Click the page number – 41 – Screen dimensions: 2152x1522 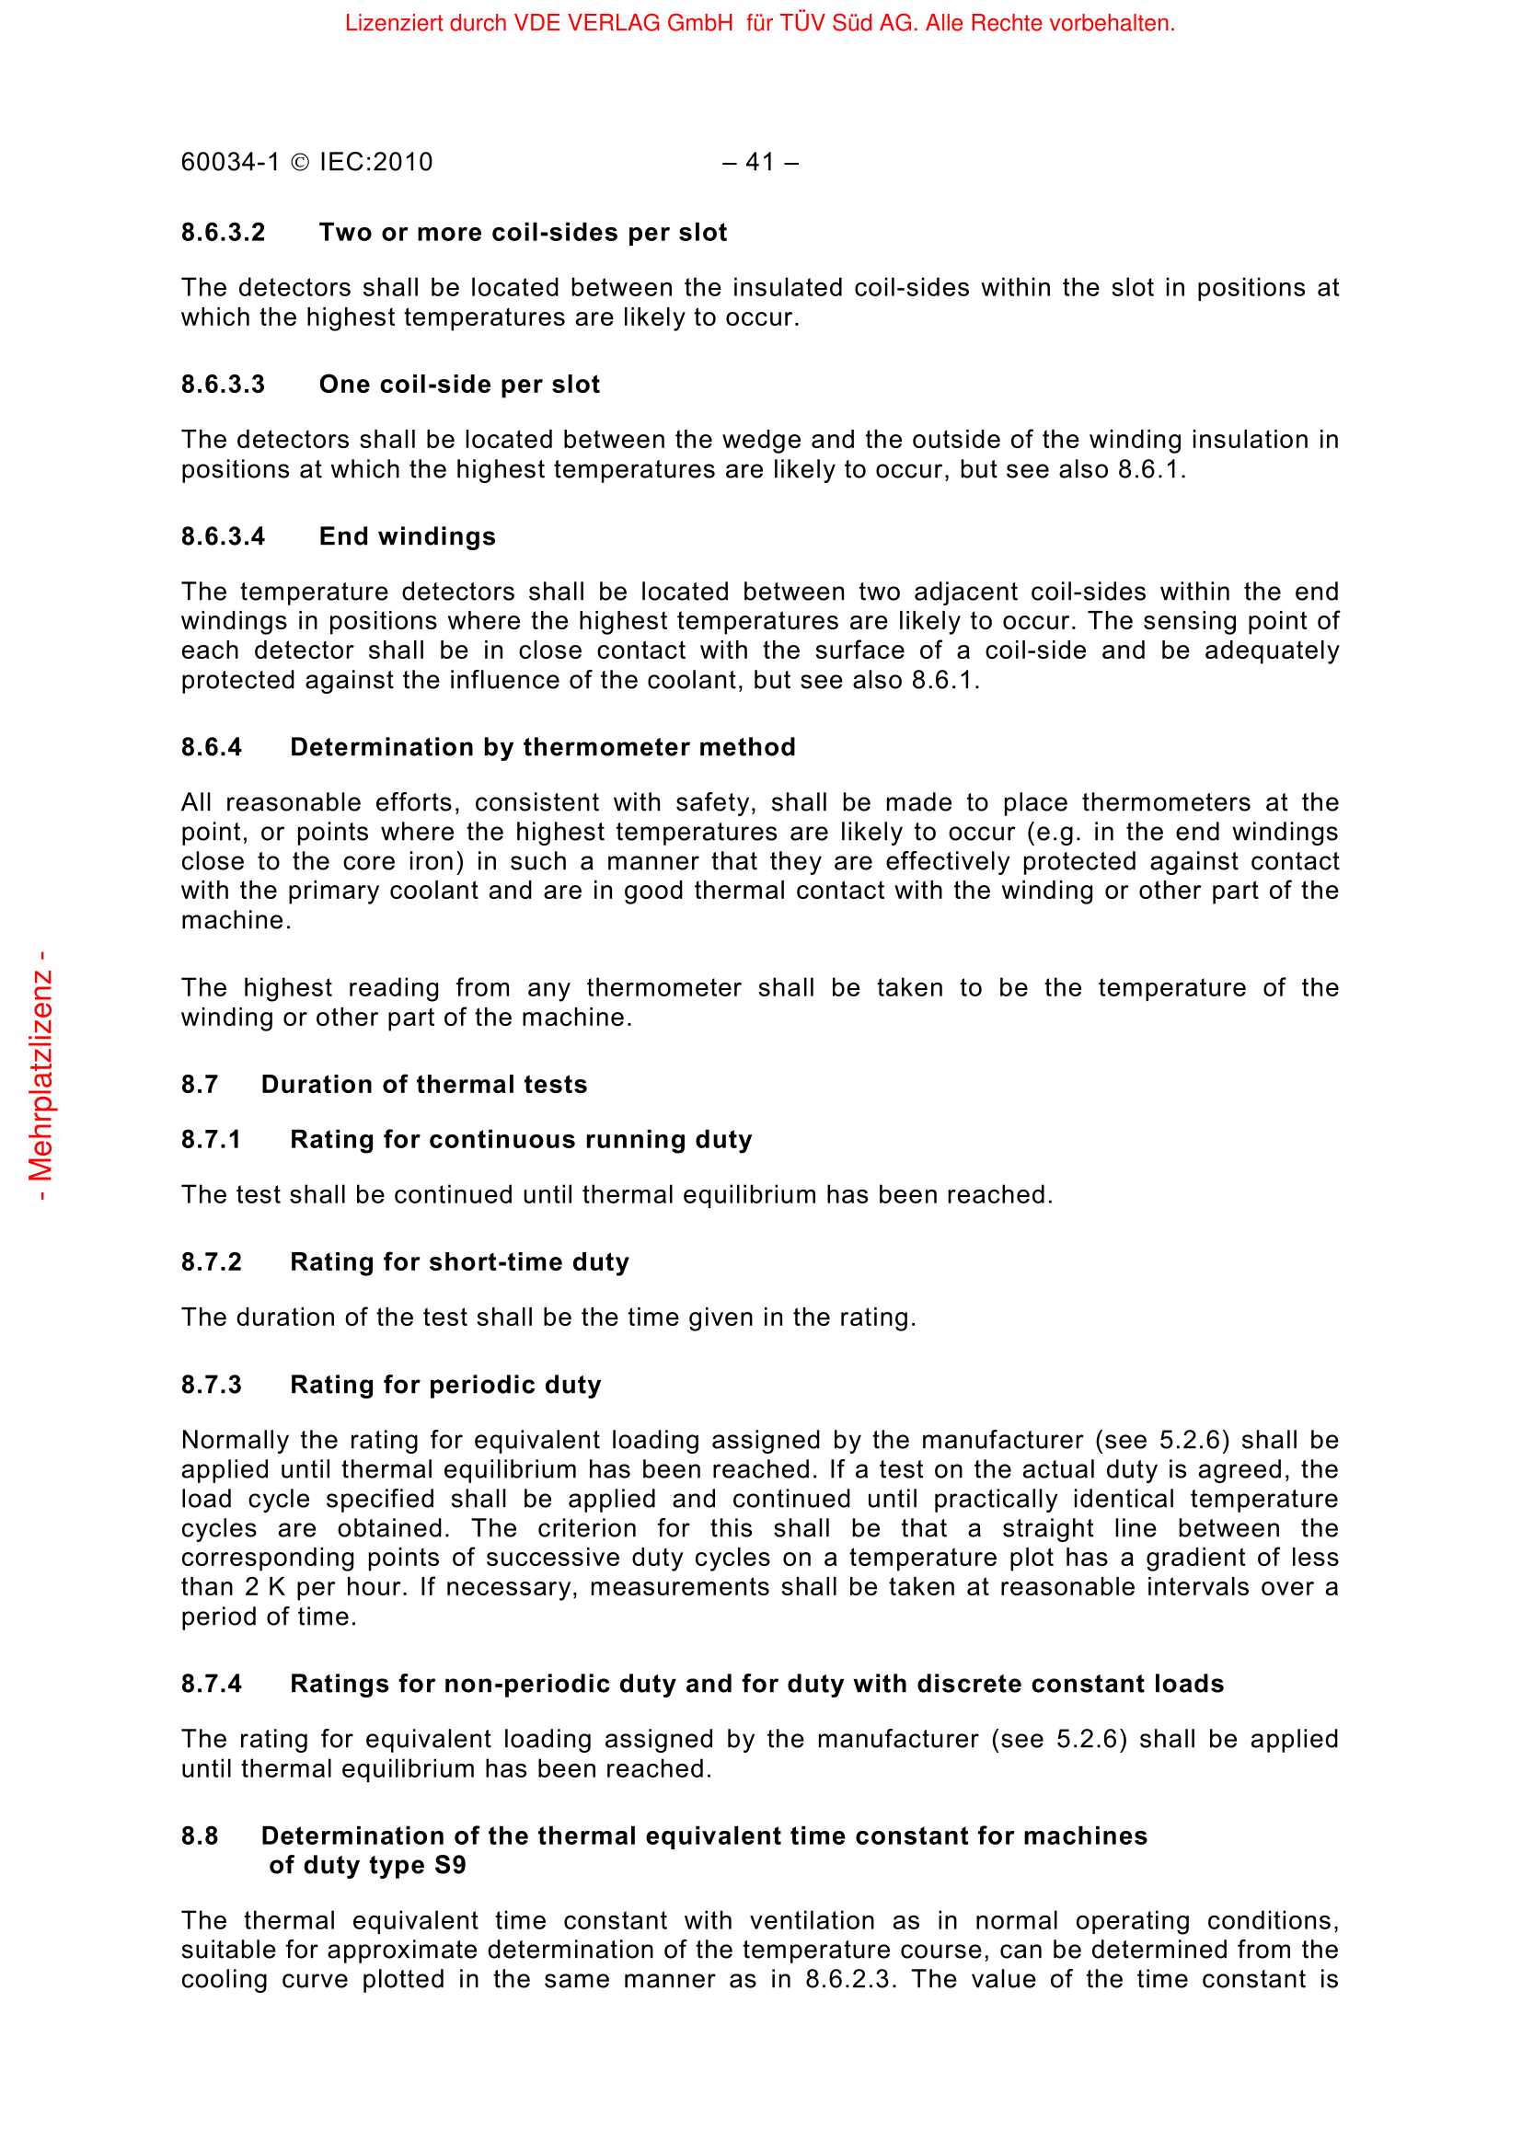[x=760, y=162]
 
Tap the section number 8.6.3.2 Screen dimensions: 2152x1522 [x=223, y=233]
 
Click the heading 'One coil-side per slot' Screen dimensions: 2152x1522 [x=459, y=385]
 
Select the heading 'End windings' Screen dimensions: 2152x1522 [x=408, y=536]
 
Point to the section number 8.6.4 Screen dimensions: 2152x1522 [x=211, y=747]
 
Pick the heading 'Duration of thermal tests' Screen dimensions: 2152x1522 [x=423, y=1085]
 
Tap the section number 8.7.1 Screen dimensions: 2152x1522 [x=211, y=1140]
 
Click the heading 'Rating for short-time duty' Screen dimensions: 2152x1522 [x=459, y=1262]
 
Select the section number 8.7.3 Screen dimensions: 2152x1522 [x=211, y=1386]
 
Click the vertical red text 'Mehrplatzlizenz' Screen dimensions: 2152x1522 [x=41, y=1076]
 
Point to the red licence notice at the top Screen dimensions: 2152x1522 [x=760, y=23]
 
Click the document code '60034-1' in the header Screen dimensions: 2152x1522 [x=231, y=162]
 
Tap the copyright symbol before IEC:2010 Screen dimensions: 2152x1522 [x=300, y=163]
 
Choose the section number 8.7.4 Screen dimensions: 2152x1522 [x=211, y=1685]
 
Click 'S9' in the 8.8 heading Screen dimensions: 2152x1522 [x=450, y=1865]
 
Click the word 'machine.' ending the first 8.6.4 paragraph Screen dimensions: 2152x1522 [x=236, y=920]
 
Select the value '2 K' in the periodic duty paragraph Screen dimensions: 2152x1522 [x=265, y=1587]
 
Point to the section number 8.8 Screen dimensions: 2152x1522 [x=200, y=1836]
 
